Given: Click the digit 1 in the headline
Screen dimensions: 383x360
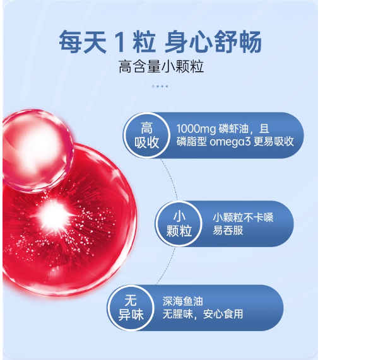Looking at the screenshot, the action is point(120,42).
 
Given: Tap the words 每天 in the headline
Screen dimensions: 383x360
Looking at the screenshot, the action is point(83,42).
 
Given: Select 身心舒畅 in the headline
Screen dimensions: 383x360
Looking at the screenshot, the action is point(213,42).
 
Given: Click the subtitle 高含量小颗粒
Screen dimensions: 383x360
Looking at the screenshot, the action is point(161,67).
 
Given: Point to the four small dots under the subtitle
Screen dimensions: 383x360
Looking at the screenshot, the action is point(160,86).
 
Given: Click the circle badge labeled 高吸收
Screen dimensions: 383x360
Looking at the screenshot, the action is point(146,135).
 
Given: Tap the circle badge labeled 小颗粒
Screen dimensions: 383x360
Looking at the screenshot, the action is point(179,224).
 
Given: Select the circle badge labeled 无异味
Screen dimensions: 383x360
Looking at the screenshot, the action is point(131,308).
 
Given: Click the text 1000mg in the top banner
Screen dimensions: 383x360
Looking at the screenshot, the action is point(196,129).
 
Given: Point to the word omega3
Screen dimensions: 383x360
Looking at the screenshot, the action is point(230,142).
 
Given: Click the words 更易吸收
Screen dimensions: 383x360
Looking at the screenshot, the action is point(274,142).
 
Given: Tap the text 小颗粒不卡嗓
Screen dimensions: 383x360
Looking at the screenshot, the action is point(243,218).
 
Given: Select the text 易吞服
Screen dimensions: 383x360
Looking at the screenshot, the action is point(228,230).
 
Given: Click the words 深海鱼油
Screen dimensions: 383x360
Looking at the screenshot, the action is point(183,301).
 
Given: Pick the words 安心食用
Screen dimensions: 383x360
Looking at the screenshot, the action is point(223,314).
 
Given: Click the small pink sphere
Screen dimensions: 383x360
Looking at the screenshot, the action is point(37,150).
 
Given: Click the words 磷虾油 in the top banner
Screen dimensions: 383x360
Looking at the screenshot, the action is point(233,129).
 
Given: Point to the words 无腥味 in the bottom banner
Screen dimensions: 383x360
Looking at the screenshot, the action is point(177,314).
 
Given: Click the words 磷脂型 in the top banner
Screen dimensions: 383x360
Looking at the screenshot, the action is point(192,142).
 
